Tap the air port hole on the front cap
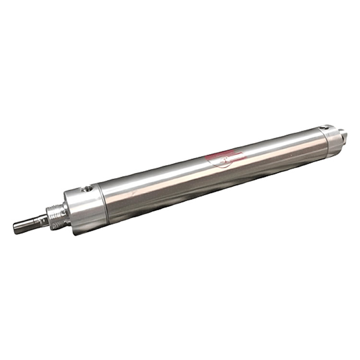point(87,190)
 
